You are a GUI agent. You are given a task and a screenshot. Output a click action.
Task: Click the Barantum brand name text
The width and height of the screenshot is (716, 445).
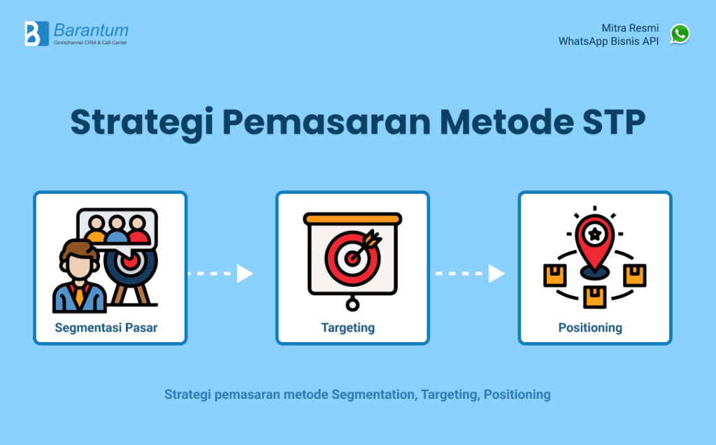click(x=91, y=30)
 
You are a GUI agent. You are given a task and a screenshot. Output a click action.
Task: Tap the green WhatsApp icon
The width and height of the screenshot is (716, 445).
click(x=680, y=34)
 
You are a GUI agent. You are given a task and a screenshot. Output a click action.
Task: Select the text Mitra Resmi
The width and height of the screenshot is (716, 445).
click(x=630, y=28)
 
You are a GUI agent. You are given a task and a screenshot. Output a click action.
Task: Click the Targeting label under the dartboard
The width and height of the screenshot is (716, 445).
click(x=348, y=327)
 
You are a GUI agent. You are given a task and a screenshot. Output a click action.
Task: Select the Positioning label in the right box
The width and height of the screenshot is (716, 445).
click(x=590, y=327)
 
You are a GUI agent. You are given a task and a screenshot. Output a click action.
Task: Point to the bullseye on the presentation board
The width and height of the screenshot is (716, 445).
click(x=352, y=256)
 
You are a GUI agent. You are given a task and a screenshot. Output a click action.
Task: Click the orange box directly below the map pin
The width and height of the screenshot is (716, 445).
click(x=595, y=295)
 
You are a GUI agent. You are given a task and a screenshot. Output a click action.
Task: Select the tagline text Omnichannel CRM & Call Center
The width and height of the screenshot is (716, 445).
click(x=90, y=43)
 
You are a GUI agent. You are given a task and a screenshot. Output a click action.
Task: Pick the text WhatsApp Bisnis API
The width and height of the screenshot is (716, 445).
click(x=608, y=41)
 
